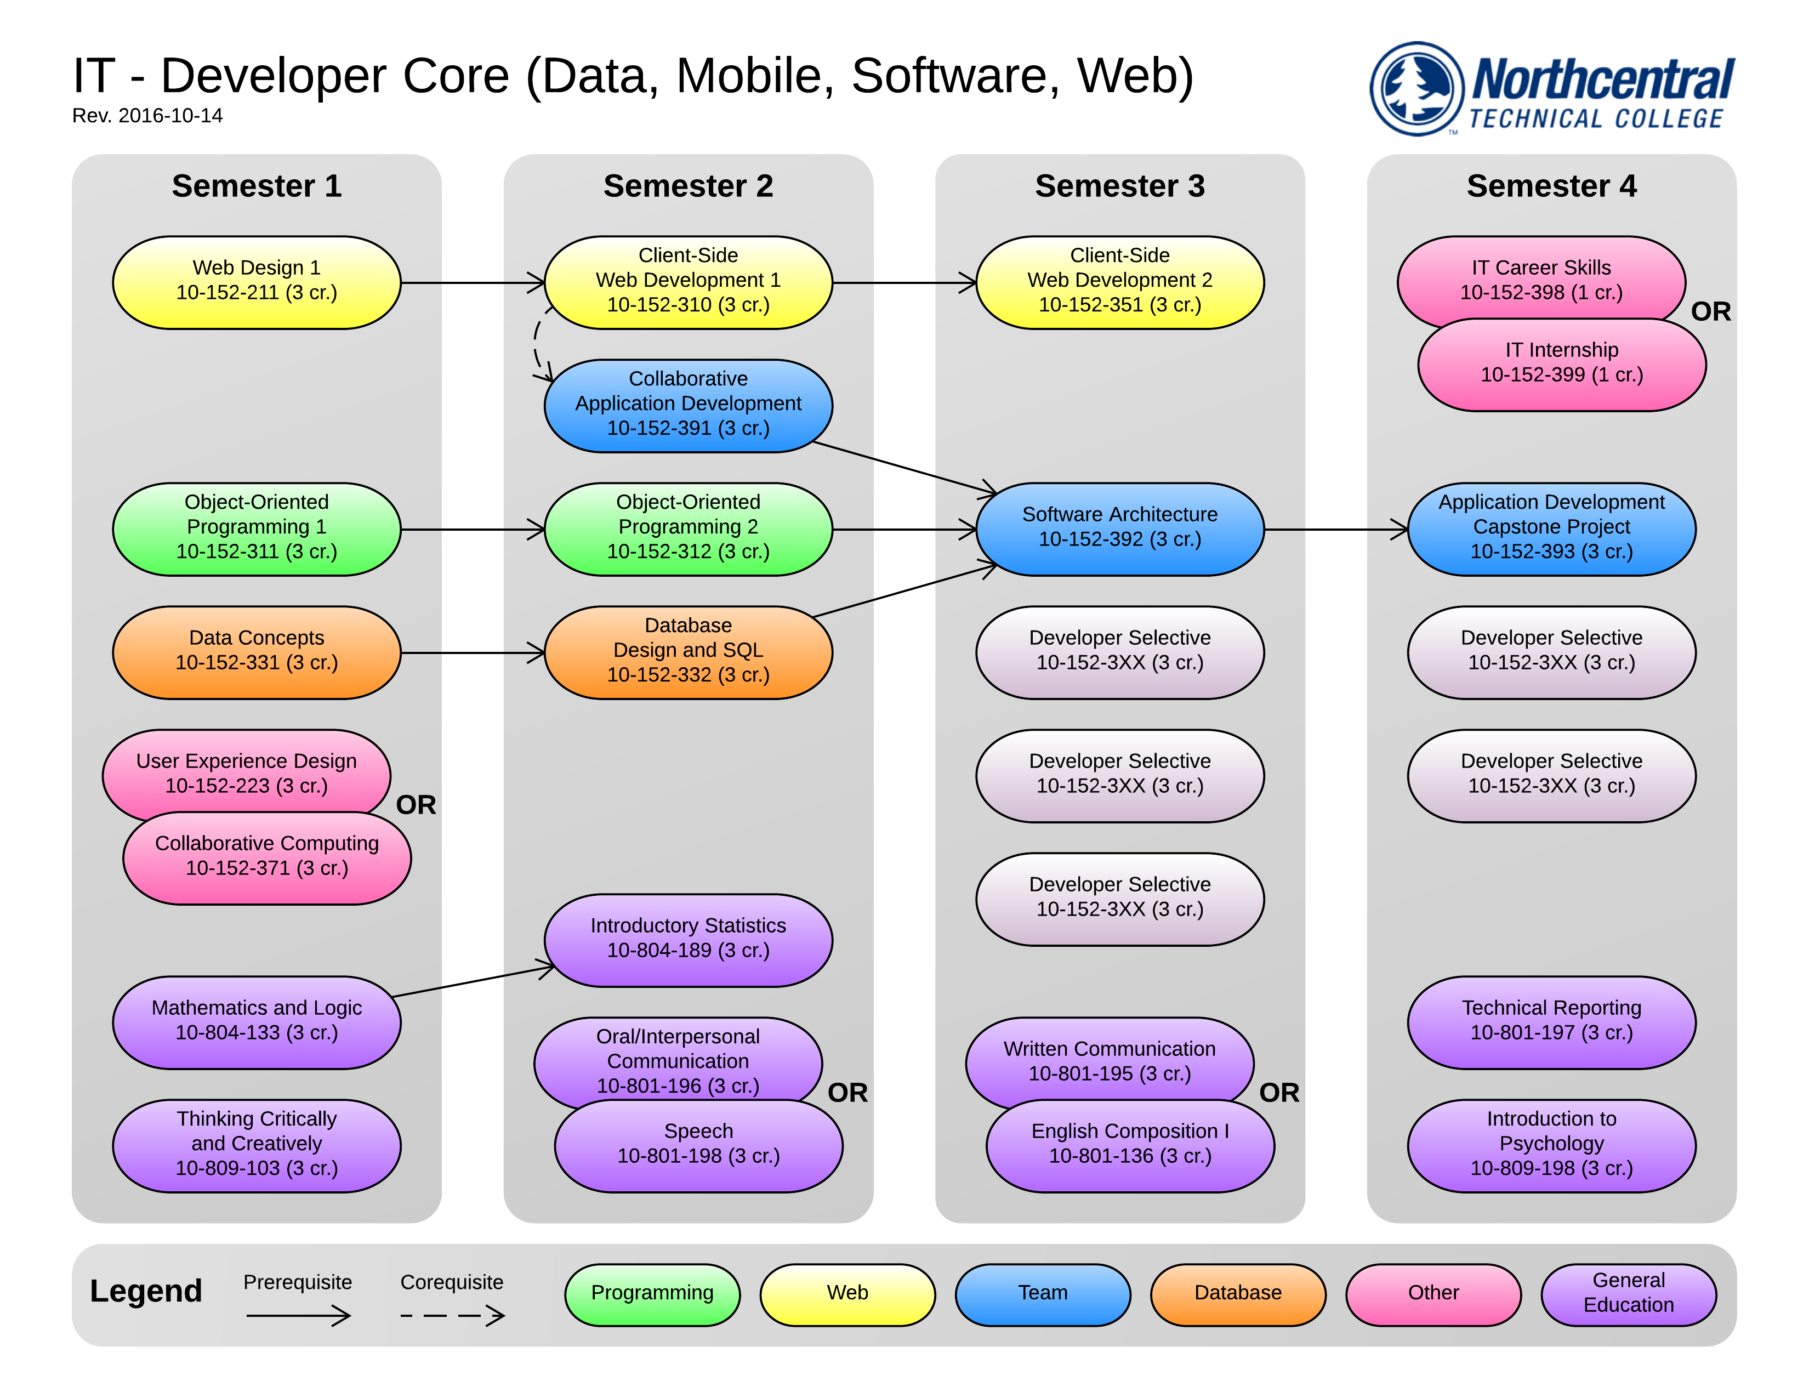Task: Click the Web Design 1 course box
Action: [x=256, y=282]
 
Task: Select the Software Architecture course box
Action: [x=1120, y=529]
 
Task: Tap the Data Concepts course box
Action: [x=256, y=652]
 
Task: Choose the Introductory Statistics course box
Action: [x=689, y=940]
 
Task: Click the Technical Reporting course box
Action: [x=1551, y=1022]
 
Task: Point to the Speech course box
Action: [x=698, y=1146]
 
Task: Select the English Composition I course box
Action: [x=1130, y=1146]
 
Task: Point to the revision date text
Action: [x=147, y=116]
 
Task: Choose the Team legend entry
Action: [x=1043, y=1294]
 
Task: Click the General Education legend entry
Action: [x=1629, y=1294]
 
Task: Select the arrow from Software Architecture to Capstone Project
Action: [x=1336, y=529]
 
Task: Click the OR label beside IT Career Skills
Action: [x=1710, y=311]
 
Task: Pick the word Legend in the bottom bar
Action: [x=146, y=1291]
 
